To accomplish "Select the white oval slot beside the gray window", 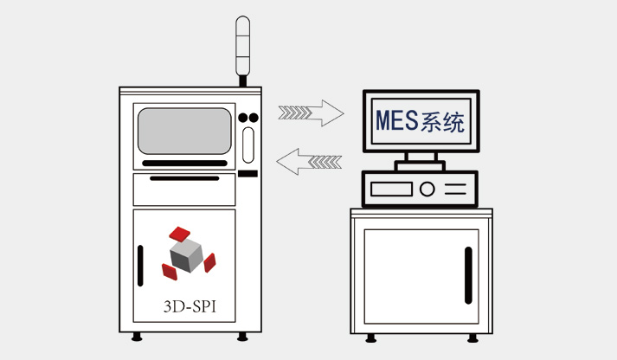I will (248, 145).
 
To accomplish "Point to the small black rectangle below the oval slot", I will (248, 173).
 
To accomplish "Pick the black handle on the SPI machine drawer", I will (183, 178).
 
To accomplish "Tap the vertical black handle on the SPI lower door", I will (141, 267).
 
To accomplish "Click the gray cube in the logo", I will (185, 254).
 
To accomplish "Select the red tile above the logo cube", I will (180, 233).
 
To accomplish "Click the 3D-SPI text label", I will (188, 306).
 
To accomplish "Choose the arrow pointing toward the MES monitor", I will (310, 112).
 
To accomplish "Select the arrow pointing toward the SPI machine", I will (309, 160).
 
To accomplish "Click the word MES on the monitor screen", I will (395, 120).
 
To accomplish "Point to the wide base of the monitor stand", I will (420, 164).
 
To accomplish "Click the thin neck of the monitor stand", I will (420, 156).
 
